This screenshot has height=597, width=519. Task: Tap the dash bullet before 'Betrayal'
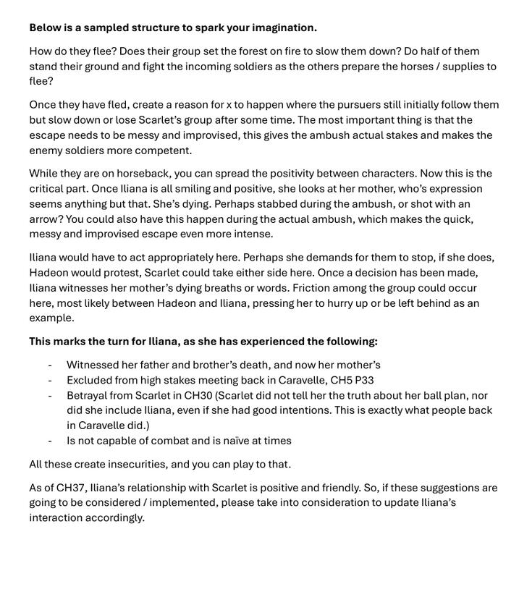click(x=50, y=396)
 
